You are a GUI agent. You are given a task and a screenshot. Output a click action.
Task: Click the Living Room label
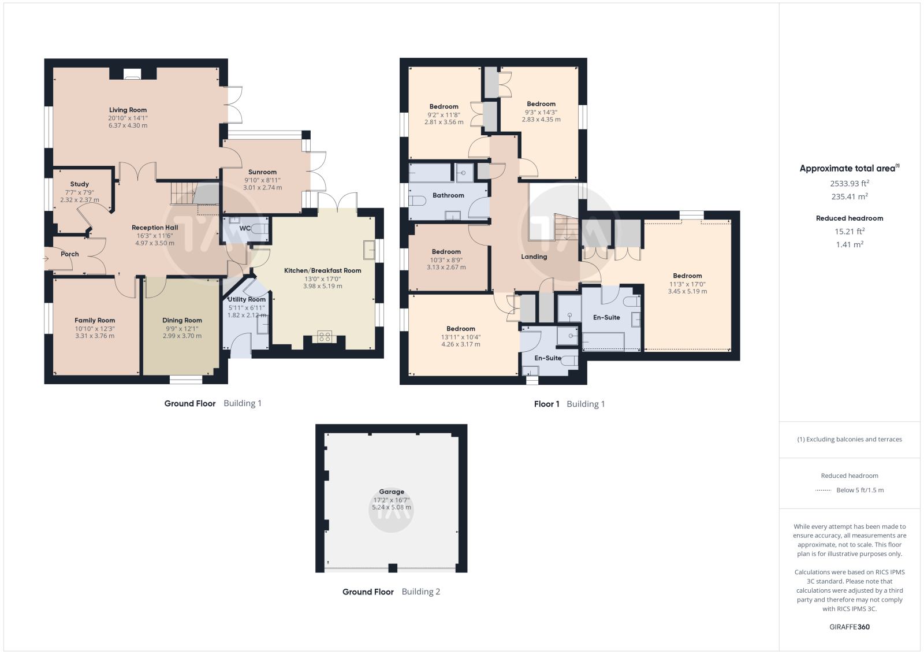(128, 110)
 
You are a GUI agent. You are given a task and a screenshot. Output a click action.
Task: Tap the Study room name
(80, 184)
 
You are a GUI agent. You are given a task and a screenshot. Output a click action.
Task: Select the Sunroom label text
(262, 172)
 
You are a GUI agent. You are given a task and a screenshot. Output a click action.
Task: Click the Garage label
(392, 492)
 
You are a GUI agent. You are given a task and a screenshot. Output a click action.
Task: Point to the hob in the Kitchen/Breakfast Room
(325, 336)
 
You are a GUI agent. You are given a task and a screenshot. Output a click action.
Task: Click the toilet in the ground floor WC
(260, 228)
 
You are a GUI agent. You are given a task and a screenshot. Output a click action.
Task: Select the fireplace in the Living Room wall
(132, 74)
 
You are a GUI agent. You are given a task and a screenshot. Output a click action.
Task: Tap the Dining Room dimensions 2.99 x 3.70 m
(182, 336)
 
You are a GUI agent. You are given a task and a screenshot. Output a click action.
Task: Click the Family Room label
(95, 320)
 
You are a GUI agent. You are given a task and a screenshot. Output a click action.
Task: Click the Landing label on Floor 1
(534, 257)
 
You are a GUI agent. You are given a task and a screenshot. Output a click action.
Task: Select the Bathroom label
(448, 195)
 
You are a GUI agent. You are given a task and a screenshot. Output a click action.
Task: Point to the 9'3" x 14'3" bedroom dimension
(541, 112)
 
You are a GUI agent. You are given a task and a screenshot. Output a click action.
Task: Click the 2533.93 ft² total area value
(850, 183)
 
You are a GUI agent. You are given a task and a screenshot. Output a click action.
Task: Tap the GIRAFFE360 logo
(850, 627)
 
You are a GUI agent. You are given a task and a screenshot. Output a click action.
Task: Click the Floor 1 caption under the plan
(546, 404)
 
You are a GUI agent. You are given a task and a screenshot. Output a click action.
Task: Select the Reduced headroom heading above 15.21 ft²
(850, 218)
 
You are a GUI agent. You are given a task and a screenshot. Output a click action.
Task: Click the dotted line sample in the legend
(824, 490)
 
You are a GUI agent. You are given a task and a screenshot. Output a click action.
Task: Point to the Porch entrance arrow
(46, 259)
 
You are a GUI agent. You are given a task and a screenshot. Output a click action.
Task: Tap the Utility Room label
(247, 299)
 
